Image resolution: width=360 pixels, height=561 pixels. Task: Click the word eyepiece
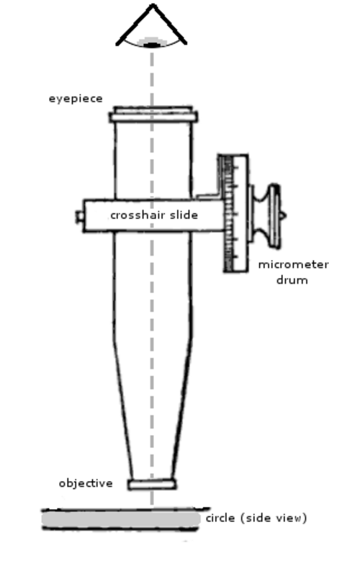pyautogui.click(x=76, y=99)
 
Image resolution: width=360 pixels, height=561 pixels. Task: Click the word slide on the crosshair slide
pyautogui.click(x=184, y=215)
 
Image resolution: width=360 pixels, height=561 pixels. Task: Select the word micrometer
pyautogui.click(x=294, y=264)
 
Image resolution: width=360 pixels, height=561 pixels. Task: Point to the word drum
pyautogui.click(x=292, y=280)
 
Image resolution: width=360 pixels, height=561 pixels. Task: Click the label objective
pyautogui.click(x=86, y=483)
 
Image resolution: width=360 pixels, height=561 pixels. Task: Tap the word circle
pyautogui.click(x=220, y=518)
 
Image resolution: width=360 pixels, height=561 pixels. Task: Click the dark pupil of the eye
pyautogui.click(x=153, y=45)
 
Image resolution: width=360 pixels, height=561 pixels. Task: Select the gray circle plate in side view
pyautogui.click(x=120, y=519)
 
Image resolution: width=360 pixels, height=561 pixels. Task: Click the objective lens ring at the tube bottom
pyautogui.click(x=152, y=485)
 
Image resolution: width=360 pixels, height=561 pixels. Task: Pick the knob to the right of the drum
pyautogui.click(x=266, y=216)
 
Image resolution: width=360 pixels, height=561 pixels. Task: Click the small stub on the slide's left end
pyautogui.click(x=80, y=217)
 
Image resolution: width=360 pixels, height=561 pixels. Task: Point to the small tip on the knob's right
pyautogui.click(x=283, y=216)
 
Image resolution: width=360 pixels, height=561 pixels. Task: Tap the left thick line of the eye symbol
pyautogui.click(x=135, y=24)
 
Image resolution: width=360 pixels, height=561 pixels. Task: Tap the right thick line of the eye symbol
pyautogui.click(x=170, y=24)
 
